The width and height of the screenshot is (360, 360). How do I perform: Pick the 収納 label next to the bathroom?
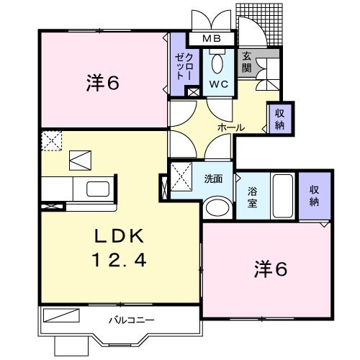315,195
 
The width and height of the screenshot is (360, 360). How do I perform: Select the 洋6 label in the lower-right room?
270,269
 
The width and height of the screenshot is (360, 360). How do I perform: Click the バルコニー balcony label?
131,318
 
